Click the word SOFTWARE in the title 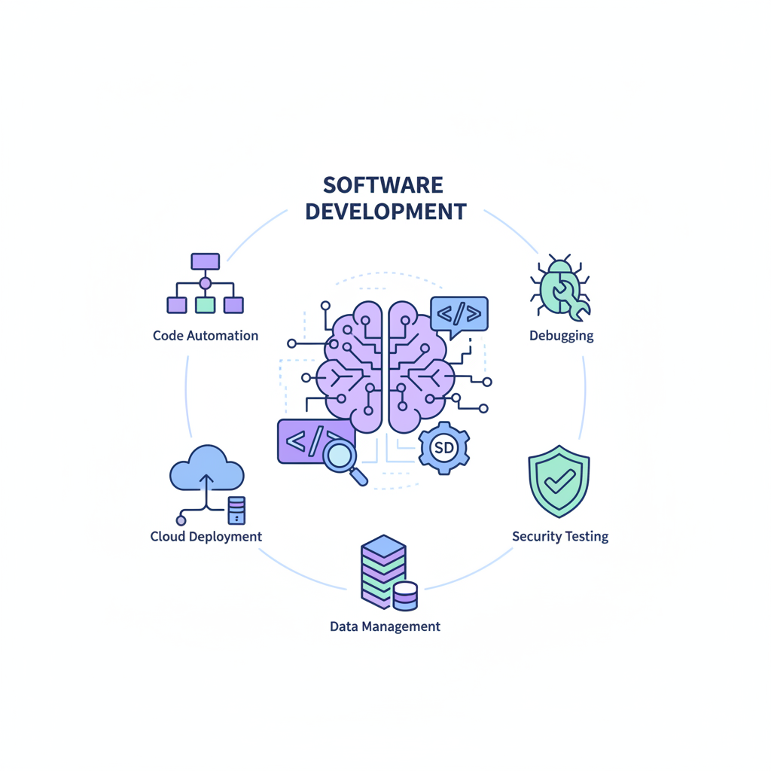point(382,185)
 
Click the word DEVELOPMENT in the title point(385,212)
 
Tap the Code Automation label point(205,336)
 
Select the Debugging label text point(561,336)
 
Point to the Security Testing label point(559,537)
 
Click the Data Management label point(385,626)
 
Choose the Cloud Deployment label point(206,537)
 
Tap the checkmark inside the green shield point(559,480)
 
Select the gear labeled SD point(444,448)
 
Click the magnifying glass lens point(340,454)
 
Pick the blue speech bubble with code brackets point(459,313)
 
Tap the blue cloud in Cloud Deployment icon point(207,471)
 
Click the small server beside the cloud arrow point(236,510)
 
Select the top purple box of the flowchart point(205,261)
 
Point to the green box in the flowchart point(205,305)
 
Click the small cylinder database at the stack point(405,596)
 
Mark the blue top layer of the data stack point(384,546)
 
